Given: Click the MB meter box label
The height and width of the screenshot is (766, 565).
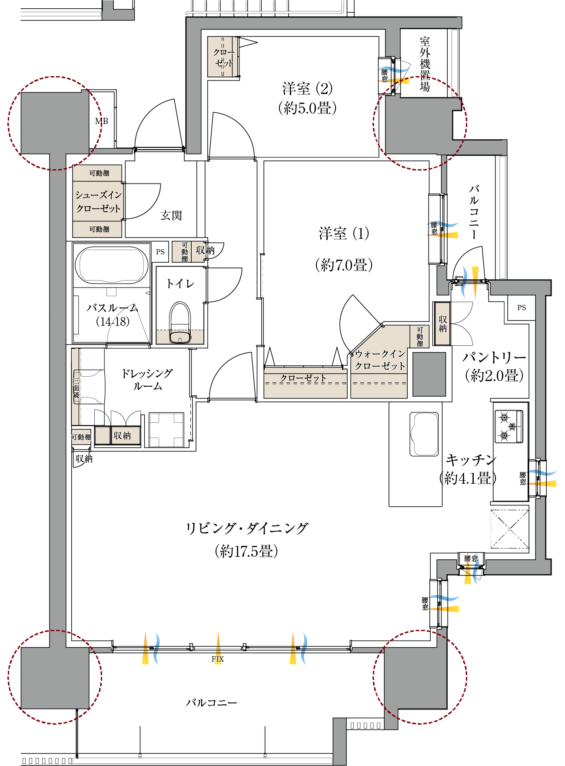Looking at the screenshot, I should point(102,121).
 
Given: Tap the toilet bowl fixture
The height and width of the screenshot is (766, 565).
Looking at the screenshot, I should point(180,322).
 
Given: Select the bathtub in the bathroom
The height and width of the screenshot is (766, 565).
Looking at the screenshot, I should point(112,265).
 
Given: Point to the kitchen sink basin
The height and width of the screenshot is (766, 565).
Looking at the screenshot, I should point(424,434).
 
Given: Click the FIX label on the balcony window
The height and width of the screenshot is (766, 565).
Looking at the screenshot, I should point(218,659).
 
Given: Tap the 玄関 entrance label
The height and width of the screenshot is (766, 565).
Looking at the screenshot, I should point(171,215).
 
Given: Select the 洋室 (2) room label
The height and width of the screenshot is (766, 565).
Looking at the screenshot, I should point(307,89).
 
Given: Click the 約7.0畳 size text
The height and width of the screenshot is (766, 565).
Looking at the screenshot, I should point(344,265).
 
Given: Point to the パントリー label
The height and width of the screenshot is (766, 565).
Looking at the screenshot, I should point(494,358).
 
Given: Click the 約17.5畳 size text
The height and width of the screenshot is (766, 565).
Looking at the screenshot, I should point(246,552).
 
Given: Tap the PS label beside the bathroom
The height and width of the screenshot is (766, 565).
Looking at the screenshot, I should point(160,252).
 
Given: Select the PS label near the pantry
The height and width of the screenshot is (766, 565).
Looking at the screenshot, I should point(522,308).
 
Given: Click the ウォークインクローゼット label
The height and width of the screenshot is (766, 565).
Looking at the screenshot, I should point(380,360).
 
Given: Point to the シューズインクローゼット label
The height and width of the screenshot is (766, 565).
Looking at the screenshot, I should point(98,202).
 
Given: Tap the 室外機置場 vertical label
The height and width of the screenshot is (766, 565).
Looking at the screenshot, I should point(425,64).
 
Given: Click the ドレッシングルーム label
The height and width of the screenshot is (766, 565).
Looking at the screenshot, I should point(147,379).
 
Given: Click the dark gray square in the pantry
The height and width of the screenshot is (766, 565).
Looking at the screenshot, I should point(429,374).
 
